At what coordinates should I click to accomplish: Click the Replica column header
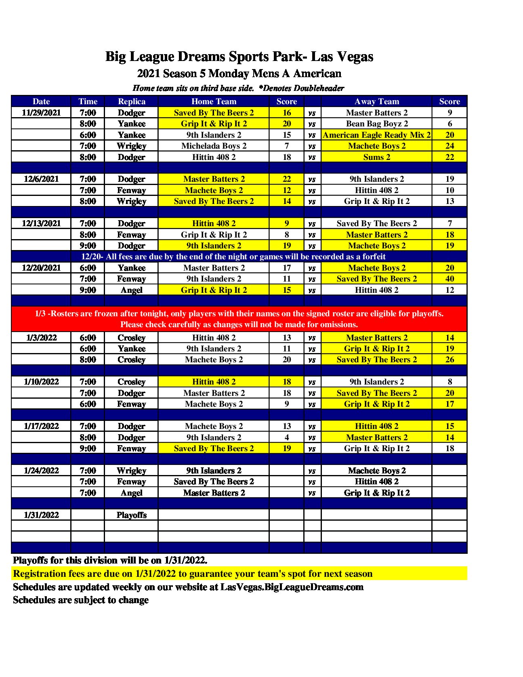click(131, 101)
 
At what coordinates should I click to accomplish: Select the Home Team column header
click(214, 101)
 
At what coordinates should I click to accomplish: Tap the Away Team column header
click(376, 101)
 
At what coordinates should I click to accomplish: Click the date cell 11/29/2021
click(41, 113)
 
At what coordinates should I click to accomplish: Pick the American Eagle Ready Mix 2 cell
click(376, 135)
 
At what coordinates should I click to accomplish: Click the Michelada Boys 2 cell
click(214, 146)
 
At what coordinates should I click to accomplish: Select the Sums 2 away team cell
click(376, 157)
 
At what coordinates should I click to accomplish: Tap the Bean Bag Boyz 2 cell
click(376, 124)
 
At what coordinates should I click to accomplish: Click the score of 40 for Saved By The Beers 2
click(449, 279)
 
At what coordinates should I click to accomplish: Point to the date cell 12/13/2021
click(41, 223)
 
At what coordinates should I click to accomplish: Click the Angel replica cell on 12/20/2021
click(131, 290)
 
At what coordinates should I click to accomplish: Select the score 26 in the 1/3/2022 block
click(449, 360)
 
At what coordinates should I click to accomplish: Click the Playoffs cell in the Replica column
click(131, 515)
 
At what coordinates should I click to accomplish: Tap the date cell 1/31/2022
click(41, 515)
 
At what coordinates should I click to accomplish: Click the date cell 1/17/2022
click(41, 426)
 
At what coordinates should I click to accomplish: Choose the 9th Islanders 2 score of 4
click(287, 437)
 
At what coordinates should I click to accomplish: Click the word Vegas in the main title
click(354, 57)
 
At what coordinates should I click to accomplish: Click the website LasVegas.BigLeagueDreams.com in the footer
click(292, 587)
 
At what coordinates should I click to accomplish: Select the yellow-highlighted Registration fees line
click(193, 574)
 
